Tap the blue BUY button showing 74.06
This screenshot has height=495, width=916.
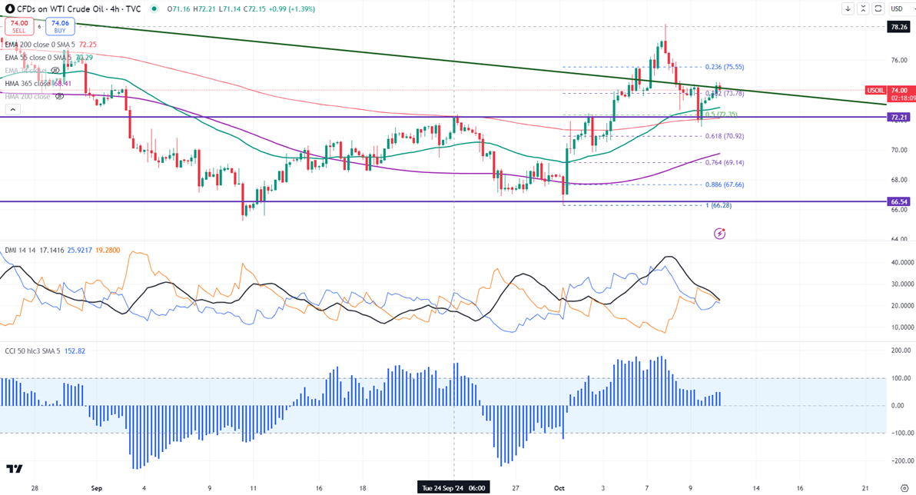(59, 27)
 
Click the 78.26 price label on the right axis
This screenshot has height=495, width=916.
(898, 26)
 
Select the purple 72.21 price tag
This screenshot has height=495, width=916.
(898, 118)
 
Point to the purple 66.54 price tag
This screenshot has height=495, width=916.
(898, 201)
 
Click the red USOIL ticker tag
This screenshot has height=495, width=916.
(875, 90)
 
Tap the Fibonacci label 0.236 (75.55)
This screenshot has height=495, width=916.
(724, 67)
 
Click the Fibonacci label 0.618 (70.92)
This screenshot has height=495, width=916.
(724, 136)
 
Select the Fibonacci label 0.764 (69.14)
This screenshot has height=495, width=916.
(724, 162)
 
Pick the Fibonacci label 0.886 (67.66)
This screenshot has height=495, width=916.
(724, 184)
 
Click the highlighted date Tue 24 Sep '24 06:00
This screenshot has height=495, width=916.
(454, 487)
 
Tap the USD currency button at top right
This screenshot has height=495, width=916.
(896, 8)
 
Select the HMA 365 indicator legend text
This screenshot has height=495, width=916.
(38, 84)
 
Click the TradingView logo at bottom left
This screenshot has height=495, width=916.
(14, 469)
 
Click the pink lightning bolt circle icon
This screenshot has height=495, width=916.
(719, 233)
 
